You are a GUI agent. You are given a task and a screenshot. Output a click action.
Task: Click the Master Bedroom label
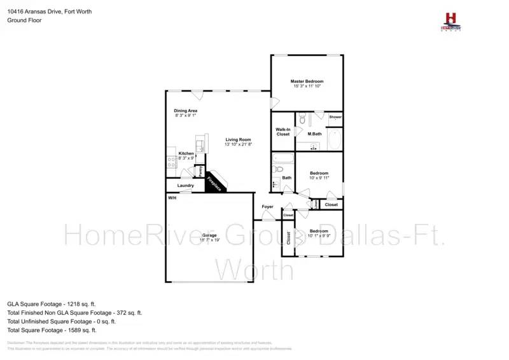tap(307, 81)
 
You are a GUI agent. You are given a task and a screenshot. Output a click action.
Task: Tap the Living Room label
tap(238, 139)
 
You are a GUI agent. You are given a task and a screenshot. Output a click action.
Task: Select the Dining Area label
tap(186, 111)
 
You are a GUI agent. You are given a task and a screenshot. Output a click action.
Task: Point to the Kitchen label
tap(186, 153)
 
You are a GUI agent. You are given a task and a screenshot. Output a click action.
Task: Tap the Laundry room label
tap(185, 186)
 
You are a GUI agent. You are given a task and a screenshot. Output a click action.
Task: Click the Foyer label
tap(267, 207)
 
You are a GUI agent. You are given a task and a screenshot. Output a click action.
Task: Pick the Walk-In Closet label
tap(283, 132)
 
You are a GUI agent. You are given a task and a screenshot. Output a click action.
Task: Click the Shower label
tap(335, 117)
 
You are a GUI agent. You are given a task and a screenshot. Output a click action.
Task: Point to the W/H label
tap(172, 198)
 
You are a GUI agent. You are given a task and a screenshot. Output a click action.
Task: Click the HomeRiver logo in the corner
tap(452, 22)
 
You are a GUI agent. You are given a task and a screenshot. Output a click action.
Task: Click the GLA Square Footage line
tap(52, 304)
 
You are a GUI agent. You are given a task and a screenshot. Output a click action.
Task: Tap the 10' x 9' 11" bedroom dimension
tap(319, 178)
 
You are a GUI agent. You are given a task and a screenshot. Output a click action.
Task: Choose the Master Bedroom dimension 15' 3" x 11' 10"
tap(307, 87)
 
